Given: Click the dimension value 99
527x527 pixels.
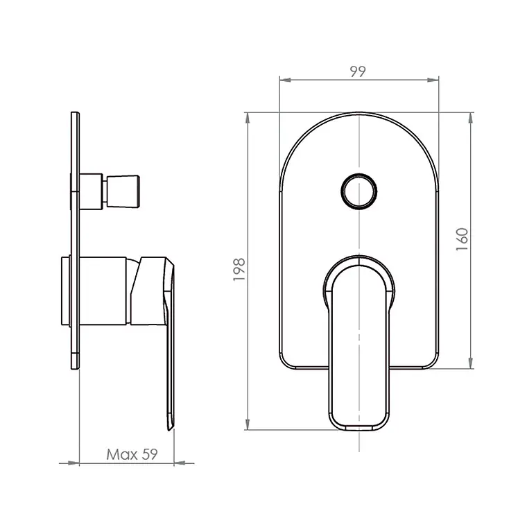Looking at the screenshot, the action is tap(358, 71).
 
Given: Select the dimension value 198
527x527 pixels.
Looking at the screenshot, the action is tap(239, 270).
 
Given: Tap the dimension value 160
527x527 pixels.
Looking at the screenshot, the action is tap(462, 239).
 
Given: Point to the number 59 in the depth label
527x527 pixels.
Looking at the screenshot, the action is tap(149, 454).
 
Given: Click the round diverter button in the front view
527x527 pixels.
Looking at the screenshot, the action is tap(359, 191).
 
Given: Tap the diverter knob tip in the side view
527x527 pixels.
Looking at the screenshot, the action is tap(123, 191).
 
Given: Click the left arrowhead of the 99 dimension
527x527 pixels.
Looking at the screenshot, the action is tap(285, 80).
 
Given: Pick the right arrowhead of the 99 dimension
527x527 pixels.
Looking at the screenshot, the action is tap(433, 80).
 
